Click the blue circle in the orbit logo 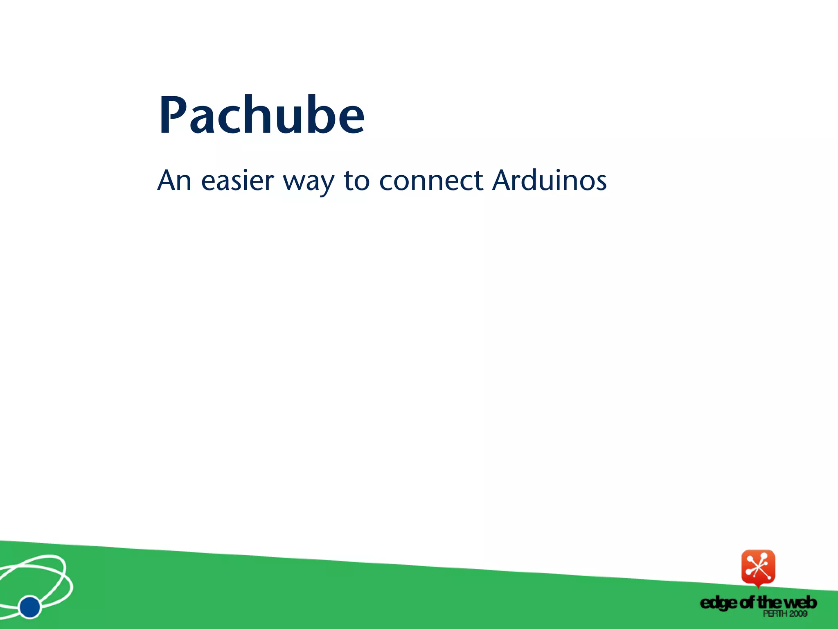point(30,607)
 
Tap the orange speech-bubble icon point(758,567)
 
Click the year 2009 point(798,613)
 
